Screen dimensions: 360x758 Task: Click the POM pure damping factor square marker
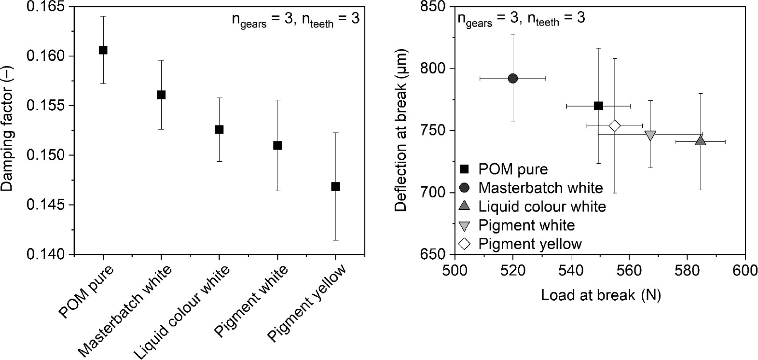tap(103, 50)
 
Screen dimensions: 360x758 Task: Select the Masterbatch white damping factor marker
tap(161, 95)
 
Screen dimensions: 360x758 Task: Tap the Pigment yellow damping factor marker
tap(336, 186)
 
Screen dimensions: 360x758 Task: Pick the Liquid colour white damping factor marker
tap(219, 129)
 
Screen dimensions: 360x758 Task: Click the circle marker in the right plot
tap(513, 78)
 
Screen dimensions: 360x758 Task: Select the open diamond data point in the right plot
tap(614, 125)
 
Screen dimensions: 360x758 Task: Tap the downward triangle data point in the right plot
tap(650, 135)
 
